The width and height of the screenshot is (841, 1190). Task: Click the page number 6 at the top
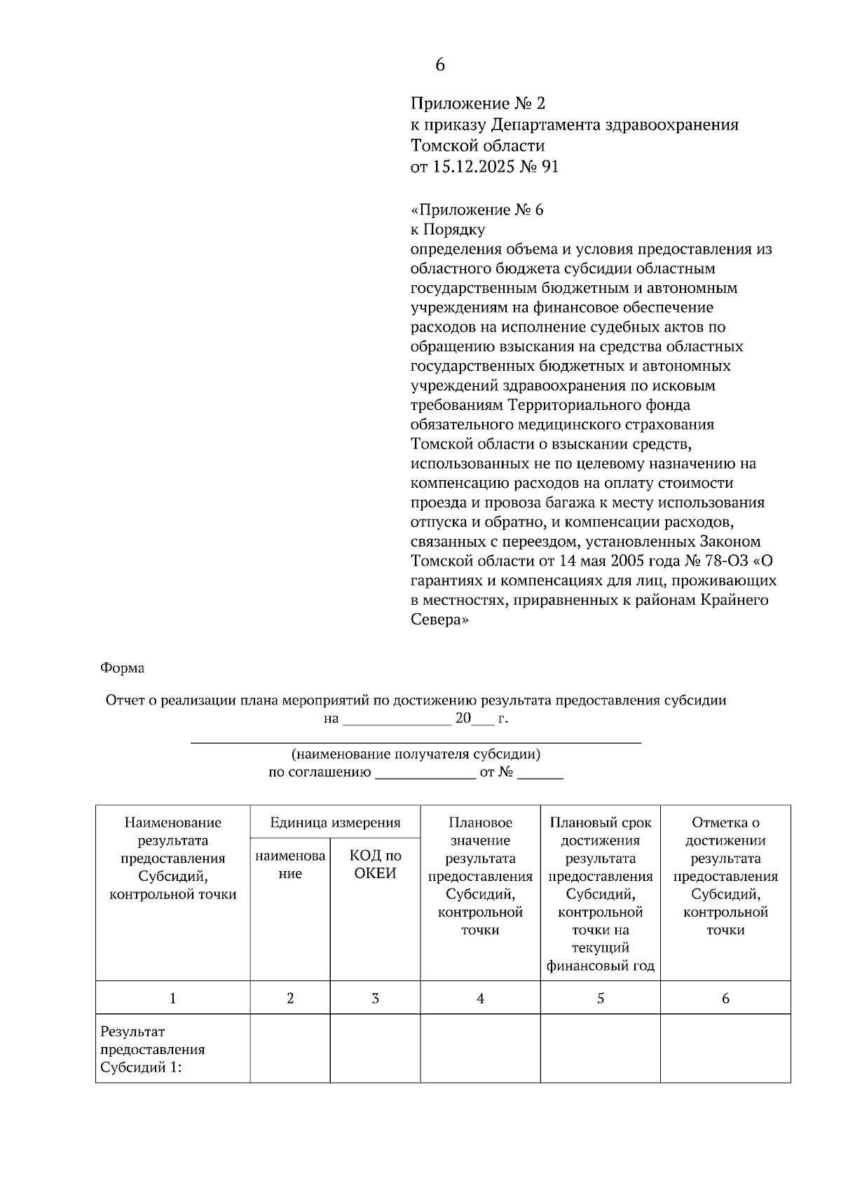[x=439, y=65]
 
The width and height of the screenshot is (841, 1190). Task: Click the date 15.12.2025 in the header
[x=472, y=167]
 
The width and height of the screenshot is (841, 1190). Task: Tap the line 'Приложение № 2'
[x=477, y=104]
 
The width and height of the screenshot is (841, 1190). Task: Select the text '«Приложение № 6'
[x=477, y=210]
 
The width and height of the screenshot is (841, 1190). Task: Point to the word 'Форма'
[x=122, y=668]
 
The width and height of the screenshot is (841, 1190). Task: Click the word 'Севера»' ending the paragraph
[x=439, y=620]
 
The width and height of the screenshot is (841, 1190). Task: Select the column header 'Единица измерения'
[x=335, y=823]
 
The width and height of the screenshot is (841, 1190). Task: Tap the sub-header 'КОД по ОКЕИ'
[x=375, y=864]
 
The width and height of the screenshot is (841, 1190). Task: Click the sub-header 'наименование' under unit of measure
[x=290, y=864]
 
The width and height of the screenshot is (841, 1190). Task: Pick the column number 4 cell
[x=480, y=998]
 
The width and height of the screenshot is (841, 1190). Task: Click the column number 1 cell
[x=172, y=998]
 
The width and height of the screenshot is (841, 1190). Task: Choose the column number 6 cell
[x=725, y=998]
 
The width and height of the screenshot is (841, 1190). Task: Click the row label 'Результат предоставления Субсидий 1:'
[x=153, y=1049]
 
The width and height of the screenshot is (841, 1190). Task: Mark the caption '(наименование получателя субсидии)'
[x=416, y=755]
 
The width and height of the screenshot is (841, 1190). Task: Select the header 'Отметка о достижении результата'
[x=725, y=876]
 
